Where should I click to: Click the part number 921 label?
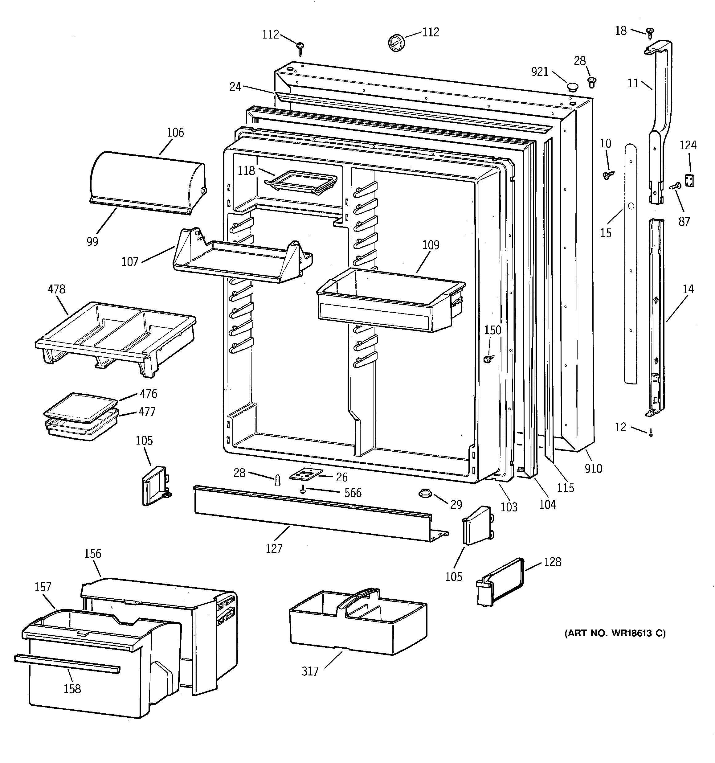[540, 72]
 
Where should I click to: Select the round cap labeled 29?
[424, 493]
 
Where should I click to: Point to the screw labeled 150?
[488, 359]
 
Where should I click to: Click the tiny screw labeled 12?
[651, 434]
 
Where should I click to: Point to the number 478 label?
[56, 289]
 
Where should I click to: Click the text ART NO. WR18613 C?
[615, 633]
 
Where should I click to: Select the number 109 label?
[431, 245]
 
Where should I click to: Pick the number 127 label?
[274, 548]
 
